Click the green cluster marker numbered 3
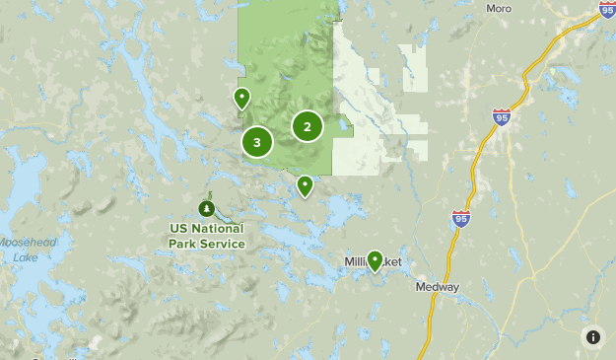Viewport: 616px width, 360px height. pyautogui.click(x=257, y=142)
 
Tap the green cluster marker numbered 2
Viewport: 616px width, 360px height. pyautogui.click(x=308, y=126)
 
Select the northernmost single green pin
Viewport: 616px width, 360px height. pyautogui.click(x=241, y=98)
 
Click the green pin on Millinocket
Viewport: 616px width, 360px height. pyautogui.click(x=375, y=260)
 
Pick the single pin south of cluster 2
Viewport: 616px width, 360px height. pyautogui.click(x=306, y=185)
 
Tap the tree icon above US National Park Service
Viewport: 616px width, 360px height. pyautogui.click(x=206, y=209)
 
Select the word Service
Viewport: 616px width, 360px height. pyautogui.click(x=222, y=243)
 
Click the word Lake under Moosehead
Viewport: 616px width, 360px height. pyautogui.click(x=26, y=257)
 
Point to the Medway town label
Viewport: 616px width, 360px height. pyautogui.click(x=437, y=288)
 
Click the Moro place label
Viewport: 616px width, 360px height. pyautogui.click(x=500, y=8)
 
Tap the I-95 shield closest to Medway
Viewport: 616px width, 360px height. pyautogui.click(x=460, y=218)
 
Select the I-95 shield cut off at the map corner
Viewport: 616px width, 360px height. pyautogui.click(x=607, y=9)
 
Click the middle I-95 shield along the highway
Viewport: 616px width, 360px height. pyautogui.click(x=502, y=117)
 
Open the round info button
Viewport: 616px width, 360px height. pyautogui.click(x=592, y=336)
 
